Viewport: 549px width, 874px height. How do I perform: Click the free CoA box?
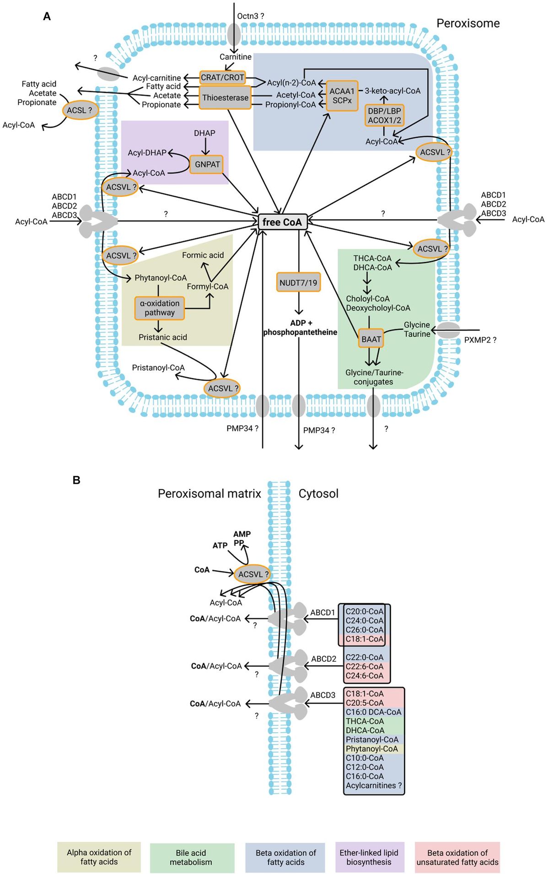coord(282,222)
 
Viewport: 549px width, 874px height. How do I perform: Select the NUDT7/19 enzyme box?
coord(298,283)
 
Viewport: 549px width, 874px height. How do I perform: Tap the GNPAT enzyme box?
coord(207,164)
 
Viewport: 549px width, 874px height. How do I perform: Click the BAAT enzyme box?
coord(371,339)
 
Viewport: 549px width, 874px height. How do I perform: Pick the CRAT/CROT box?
coord(222,77)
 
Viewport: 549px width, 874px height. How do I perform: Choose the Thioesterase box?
coord(225,97)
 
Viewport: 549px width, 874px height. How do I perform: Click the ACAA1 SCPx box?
coord(342,96)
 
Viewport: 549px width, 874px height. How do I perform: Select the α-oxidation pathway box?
coord(160,308)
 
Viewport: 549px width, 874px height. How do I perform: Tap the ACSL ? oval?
coord(80,110)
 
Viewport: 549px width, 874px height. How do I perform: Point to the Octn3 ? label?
coord(250,16)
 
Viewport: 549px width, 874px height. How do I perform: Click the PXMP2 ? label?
coord(480,340)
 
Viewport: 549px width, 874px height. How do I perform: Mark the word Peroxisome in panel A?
coord(468,23)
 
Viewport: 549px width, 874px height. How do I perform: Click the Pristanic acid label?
coord(163,337)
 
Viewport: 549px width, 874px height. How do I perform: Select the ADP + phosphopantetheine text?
coord(300,327)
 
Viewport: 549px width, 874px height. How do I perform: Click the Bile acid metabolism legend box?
coord(191,858)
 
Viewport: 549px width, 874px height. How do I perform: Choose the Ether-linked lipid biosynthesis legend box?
coord(369,857)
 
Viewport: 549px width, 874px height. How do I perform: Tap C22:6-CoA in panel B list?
coord(364,666)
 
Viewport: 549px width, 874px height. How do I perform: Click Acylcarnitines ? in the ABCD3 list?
coord(374,785)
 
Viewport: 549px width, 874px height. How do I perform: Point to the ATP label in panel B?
coord(220,546)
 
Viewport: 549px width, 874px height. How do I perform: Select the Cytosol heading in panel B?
coord(318,493)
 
